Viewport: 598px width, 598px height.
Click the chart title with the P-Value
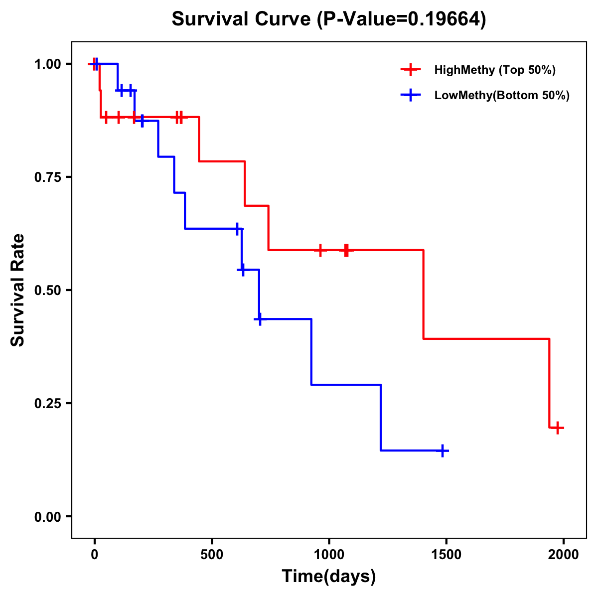pyautogui.click(x=329, y=19)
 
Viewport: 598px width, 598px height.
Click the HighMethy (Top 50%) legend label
pyautogui.click(x=495, y=70)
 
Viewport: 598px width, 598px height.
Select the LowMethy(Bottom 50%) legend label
pyautogui.click(x=502, y=95)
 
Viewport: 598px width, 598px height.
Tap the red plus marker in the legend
pyautogui.click(x=410, y=70)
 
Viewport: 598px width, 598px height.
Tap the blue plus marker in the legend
pyautogui.click(x=410, y=95)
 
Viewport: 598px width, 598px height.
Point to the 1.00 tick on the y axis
pyautogui.click(x=47, y=64)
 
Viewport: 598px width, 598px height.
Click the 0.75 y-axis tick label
pyautogui.click(x=47, y=177)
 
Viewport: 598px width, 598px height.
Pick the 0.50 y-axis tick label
pyautogui.click(x=47, y=291)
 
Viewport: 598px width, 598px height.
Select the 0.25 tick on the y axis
pyautogui.click(x=47, y=404)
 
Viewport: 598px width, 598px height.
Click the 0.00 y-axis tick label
pyautogui.click(x=47, y=517)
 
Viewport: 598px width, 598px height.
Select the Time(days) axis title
pyautogui.click(x=329, y=577)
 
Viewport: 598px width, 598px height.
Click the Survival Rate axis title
pyautogui.click(x=18, y=290)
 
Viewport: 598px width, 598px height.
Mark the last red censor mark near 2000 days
pyautogui.click(x=558, y=428)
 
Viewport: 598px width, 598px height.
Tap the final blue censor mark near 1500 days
pyautogui.click(x=442, y=450)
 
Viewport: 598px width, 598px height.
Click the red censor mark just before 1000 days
pyautogui.click(x=320, y=250)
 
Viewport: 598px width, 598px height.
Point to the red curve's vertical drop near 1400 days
pyautogui.click(x=424, y=294)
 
